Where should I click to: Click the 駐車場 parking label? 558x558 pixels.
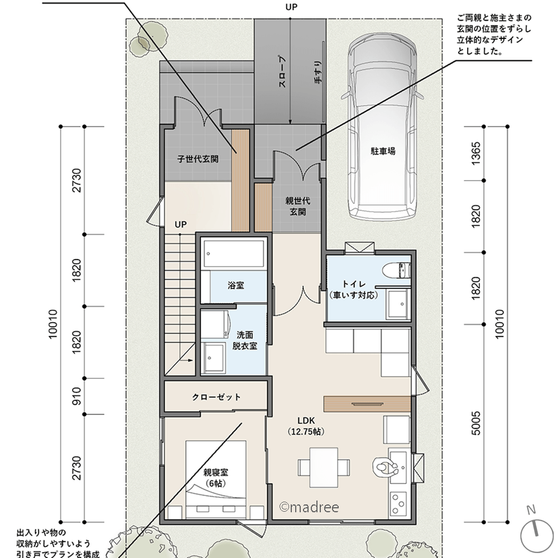[x=383, y=151]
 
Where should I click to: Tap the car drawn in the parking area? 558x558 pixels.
[x=382, y=128]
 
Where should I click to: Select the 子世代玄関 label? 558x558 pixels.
[x=198, y=159]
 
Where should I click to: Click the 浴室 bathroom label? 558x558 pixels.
[x=236, y=286]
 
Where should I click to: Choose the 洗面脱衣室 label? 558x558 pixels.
[x=244, y=340]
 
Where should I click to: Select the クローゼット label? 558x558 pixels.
[x=217, y=397]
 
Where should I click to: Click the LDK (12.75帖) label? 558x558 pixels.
[x=306, y=426]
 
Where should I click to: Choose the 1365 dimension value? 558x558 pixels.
[x=476, y=153]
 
